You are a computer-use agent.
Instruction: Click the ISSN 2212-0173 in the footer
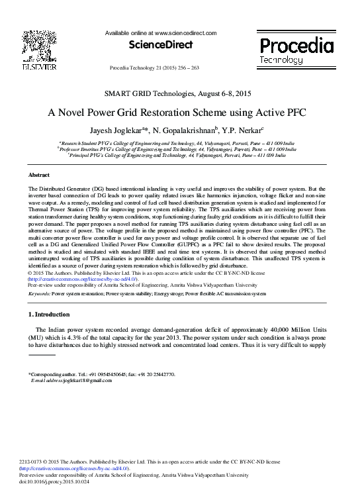[33, 460]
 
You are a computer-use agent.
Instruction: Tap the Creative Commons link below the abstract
[81, 279]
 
